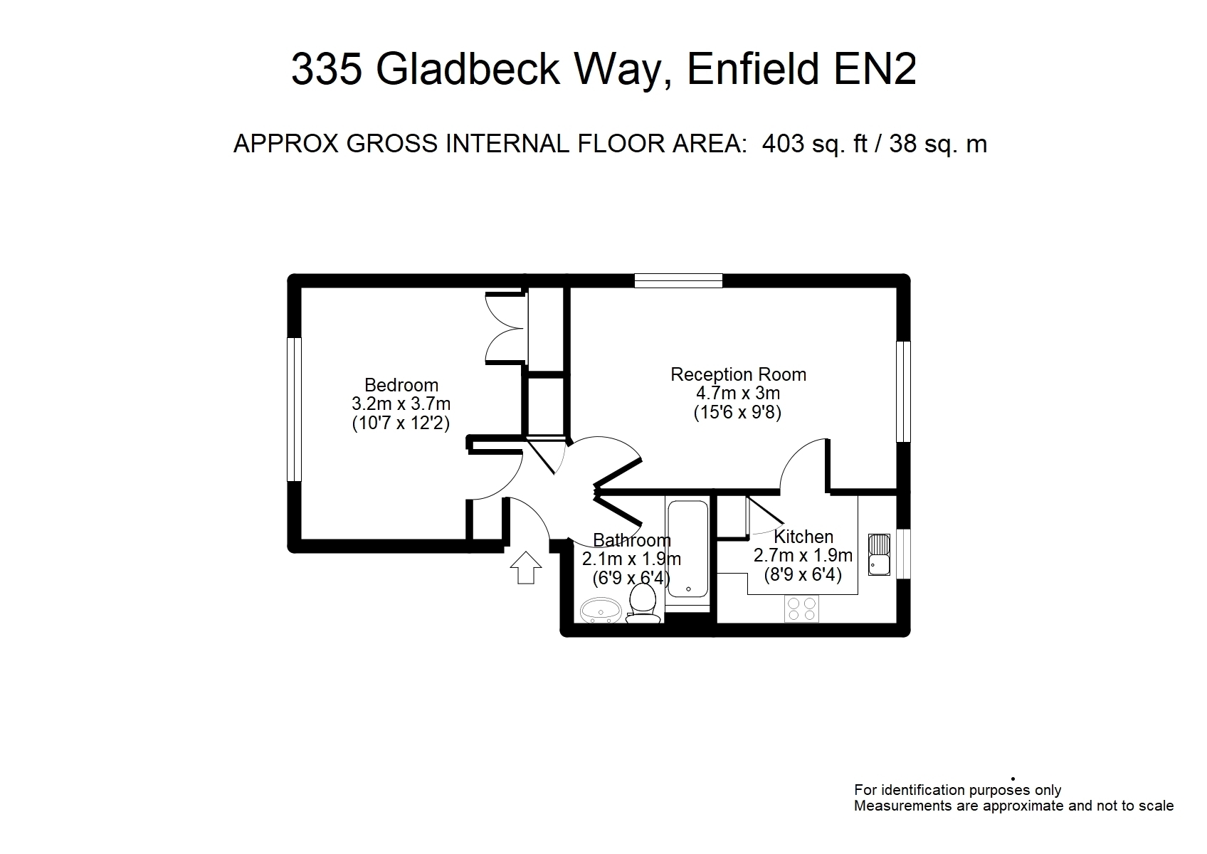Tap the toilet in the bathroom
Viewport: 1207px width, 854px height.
click(x=643, y=603)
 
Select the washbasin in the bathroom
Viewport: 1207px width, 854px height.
click(x=601, y=611)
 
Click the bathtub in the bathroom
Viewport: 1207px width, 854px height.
click(x=687, y=549)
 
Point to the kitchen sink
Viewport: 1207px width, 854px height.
click(x=879, y=554)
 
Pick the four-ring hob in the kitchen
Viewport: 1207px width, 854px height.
click(x=801, y=609)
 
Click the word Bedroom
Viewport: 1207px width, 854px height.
click(x=401, y=385)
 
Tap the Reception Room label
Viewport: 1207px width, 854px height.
click(x=738, y=374)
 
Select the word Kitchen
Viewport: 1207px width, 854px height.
click(x=803, y=537)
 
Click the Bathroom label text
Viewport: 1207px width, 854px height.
click(x=632, y=540)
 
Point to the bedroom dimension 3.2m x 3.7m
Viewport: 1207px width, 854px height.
click(x=401, y=404)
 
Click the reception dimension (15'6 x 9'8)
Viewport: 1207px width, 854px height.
click(x=738, y=412)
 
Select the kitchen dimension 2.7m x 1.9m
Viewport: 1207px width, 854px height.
click(x=803, y=555)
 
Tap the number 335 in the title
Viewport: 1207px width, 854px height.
click(x=327, y=69)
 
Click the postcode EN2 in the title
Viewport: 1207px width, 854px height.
click(x=875, y=69)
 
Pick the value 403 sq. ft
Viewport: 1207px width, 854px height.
click(x=815, y=144)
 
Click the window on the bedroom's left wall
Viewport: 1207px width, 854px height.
click(x=294, y=409)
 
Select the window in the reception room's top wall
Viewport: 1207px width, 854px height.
click(x=678, y=280)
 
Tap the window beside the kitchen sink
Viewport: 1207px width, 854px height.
click(x=904, y=554)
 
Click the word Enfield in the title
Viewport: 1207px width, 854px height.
click(x=753, y=69)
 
